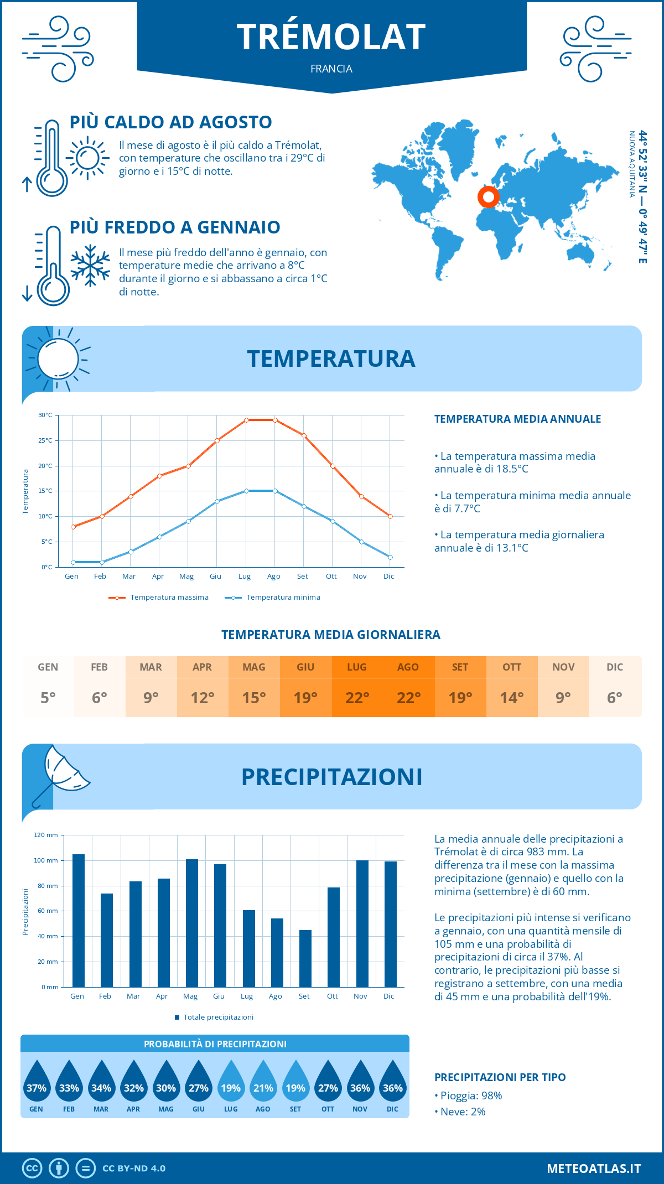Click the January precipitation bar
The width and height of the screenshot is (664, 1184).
pyautogui.click(x=79, y=921)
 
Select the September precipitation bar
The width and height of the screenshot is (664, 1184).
pyautogui.click(x=305, y=958)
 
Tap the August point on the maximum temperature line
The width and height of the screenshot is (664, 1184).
pyautogui.click(x=275, y=420)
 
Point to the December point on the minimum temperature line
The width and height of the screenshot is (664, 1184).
pyautogui.click(x=390, y=557)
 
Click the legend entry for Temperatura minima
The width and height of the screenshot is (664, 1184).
pyautogui.click(x=273, y=598)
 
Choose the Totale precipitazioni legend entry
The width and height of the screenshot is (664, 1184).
pyautogui.click(x=214, y=1017)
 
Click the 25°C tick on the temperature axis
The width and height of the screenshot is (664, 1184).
pyautogui.click(x=45, y=440)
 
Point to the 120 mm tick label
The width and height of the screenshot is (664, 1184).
pyautogui.click(x=46, y=835)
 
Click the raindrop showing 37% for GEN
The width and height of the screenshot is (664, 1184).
pyautogui.click(x=37, y=1083)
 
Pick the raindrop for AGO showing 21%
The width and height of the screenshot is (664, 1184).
pyautogui.click(x=263, y=1083)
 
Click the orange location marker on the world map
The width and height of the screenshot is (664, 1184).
pyautogui.click(x=488, y=196)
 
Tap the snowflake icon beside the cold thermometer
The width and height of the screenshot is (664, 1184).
pyautogui.click(x=90, y=266)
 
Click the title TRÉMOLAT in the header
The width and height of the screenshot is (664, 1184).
pyautogui.click(x=331, y=37)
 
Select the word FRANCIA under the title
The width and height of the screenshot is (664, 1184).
pyautogui.click(x=331, y=69)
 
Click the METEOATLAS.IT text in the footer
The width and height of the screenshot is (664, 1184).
pyautogui.click(x=594, y=1168)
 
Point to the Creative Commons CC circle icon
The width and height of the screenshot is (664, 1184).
pyautogui.click(x=32, y=1168)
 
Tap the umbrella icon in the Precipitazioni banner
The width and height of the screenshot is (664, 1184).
pyautogui.click(x=60, y=775)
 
